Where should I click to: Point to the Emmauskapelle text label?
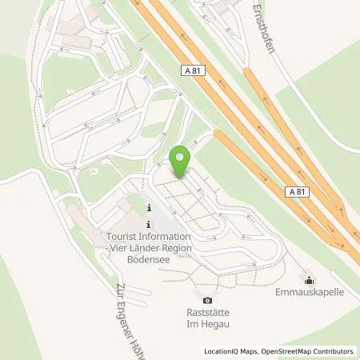click(x=310, y=293)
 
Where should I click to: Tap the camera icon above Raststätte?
click(x=207, y=301)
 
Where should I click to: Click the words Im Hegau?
click(x=207, y=326)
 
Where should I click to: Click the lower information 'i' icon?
click(x=149, y=224)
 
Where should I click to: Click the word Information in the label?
click(x=165, y=237)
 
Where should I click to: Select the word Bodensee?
click(x=149, y=259)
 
